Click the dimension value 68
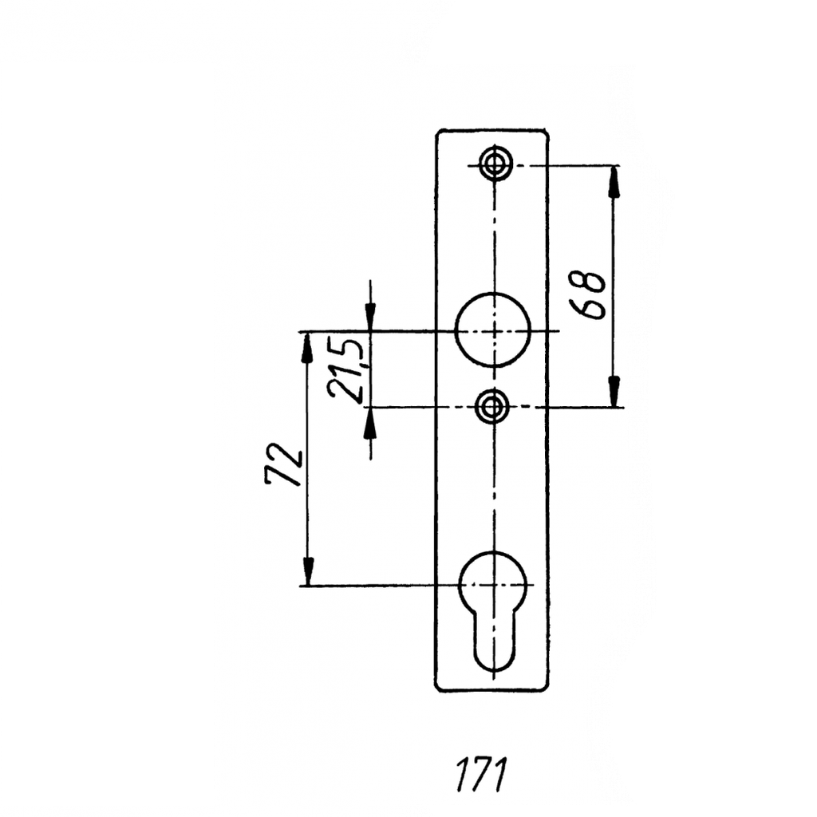[588, 294]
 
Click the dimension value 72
[284, 465]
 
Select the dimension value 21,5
[345, 370]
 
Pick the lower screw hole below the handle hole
[491, 406]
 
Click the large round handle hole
[493, 330]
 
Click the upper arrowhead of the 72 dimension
[307, 348]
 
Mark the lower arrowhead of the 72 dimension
[309, 570]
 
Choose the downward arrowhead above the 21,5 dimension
[370, 316]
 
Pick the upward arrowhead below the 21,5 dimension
[370, 423]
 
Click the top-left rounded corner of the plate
[439, 132]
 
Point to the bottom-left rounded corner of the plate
[439, 688]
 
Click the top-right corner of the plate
[547, 130]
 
